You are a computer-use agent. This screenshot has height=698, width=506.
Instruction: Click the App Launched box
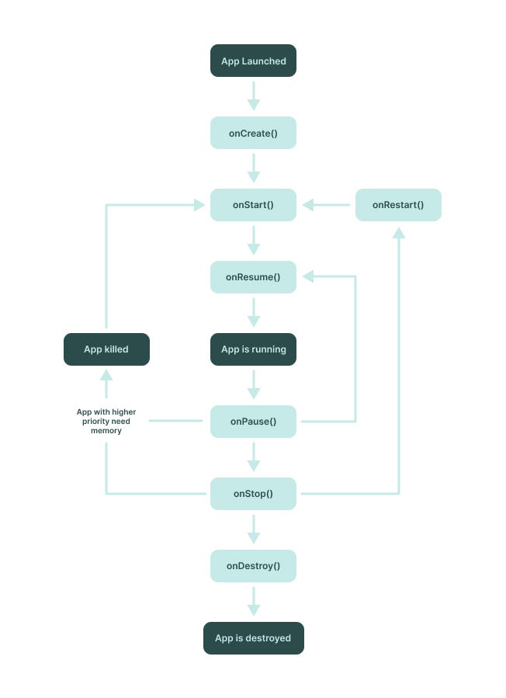tap(253, 61)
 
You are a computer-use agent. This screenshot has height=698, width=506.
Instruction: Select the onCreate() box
tap(253, 133)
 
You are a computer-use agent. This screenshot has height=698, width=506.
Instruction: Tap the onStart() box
tap(253, 205)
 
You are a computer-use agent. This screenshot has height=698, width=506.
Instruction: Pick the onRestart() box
tap(398, 205)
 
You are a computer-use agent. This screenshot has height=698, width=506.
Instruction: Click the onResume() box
tap(253, 277)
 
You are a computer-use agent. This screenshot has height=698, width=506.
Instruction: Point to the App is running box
tap(253, 349)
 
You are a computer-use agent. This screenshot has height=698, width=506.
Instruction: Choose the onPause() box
tap(253, 422)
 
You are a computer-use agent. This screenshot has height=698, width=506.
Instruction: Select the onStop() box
tap(253, 494)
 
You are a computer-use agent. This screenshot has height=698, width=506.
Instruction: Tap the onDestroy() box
tap(253, 566)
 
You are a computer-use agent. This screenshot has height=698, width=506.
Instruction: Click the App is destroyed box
tap(253, 638)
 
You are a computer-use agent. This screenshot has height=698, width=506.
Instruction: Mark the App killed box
tap(106, 349)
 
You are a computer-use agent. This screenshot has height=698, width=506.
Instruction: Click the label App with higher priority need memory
tap(106, 421)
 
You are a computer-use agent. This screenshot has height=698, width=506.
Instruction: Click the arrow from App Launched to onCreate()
tap(253, 96)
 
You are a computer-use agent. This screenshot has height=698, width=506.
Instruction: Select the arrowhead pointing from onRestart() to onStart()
tap(309, 205)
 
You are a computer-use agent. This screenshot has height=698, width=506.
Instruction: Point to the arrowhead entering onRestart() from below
tap(398, 233)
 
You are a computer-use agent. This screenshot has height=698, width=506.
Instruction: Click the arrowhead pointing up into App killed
tap(106, 375)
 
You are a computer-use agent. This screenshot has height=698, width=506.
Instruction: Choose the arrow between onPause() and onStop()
tap(253, 457)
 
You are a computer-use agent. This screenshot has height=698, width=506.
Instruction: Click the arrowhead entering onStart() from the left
tap(199, 205)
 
